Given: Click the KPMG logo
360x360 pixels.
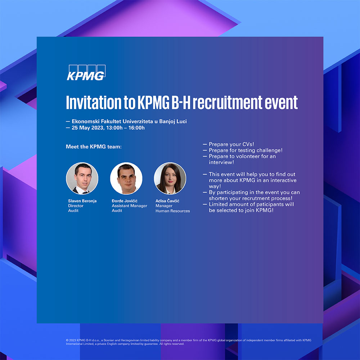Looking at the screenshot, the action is (86, 73).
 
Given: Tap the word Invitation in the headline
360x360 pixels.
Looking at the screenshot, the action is (94, 102).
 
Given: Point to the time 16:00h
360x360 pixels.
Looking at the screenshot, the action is (136, 128).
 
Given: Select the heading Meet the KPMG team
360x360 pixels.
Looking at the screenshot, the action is (94, 147).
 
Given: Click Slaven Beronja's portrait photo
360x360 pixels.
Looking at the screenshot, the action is (82, 179).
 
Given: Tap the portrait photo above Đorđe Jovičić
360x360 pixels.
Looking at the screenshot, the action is (126, 179).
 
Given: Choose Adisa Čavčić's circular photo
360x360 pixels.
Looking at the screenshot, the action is (170, 179).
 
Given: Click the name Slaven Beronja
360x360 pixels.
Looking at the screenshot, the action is (82, 201).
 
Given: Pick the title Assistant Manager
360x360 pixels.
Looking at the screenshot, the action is (130, 206).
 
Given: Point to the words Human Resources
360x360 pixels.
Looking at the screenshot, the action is (173, 211).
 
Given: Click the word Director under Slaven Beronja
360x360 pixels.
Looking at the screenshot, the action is (76, 206).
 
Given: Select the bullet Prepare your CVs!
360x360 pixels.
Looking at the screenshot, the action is (231, 144).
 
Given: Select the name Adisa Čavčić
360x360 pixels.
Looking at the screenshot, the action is (167, 201).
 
